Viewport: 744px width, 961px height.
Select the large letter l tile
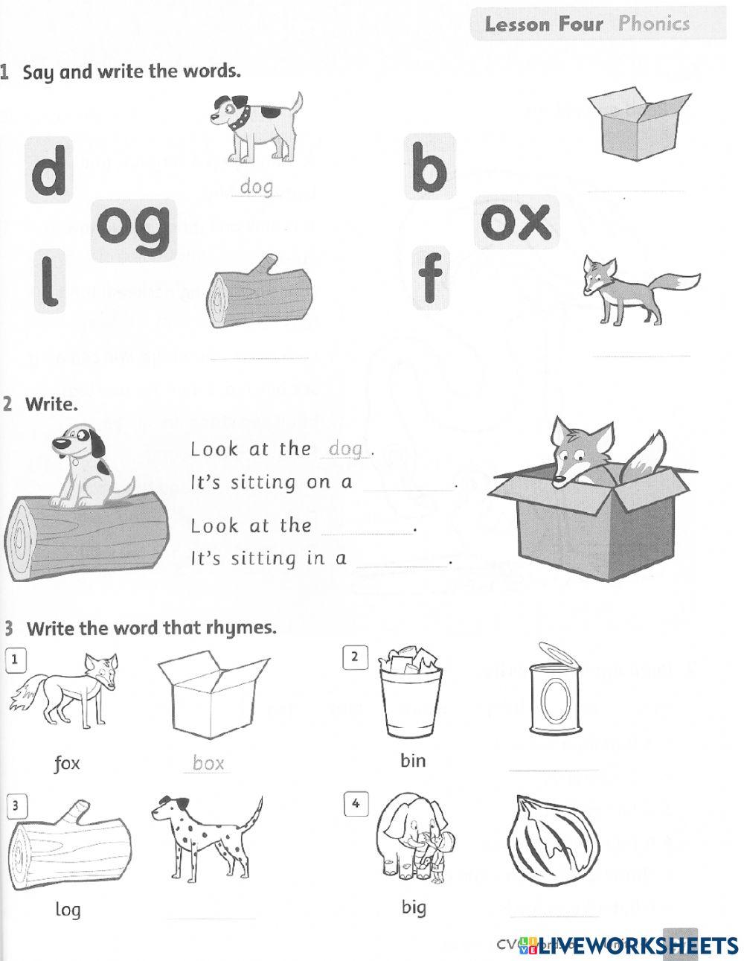(x=49, y=280)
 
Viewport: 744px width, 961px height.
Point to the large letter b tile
(x=429, y=168)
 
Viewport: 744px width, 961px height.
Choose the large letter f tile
(x=431, y=277)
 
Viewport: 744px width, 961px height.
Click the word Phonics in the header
(x=654, y=23)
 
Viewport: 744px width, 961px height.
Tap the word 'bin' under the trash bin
(x=413, y=760)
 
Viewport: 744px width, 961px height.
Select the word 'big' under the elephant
(x=413, y=907)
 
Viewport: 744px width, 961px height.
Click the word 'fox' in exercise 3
(x=67, y=763)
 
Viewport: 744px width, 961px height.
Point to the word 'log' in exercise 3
(x=68, y=909)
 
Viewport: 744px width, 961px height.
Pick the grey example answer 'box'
(x=208, y=763)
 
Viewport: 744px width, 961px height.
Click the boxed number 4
(x=356, y=804)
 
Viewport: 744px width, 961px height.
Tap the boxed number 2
(x=355, y=657)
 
